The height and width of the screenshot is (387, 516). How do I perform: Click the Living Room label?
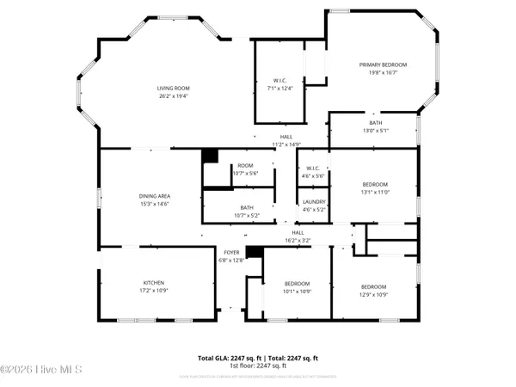[x=173, y=89]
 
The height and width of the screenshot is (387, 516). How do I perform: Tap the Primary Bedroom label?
[x=383, y=64]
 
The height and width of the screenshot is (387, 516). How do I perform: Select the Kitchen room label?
[x=153, y=283]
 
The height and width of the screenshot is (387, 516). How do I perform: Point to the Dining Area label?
[x=153, y=196]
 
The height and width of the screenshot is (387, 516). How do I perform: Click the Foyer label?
[x=231, y=253]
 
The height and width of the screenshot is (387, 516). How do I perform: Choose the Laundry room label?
[x=313, y=202]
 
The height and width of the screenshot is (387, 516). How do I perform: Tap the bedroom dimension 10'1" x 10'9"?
[x=297, y=292]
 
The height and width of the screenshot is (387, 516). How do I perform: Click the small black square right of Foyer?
[x=253, y=252]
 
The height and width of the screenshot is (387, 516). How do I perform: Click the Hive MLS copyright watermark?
[x=40, y=372]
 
